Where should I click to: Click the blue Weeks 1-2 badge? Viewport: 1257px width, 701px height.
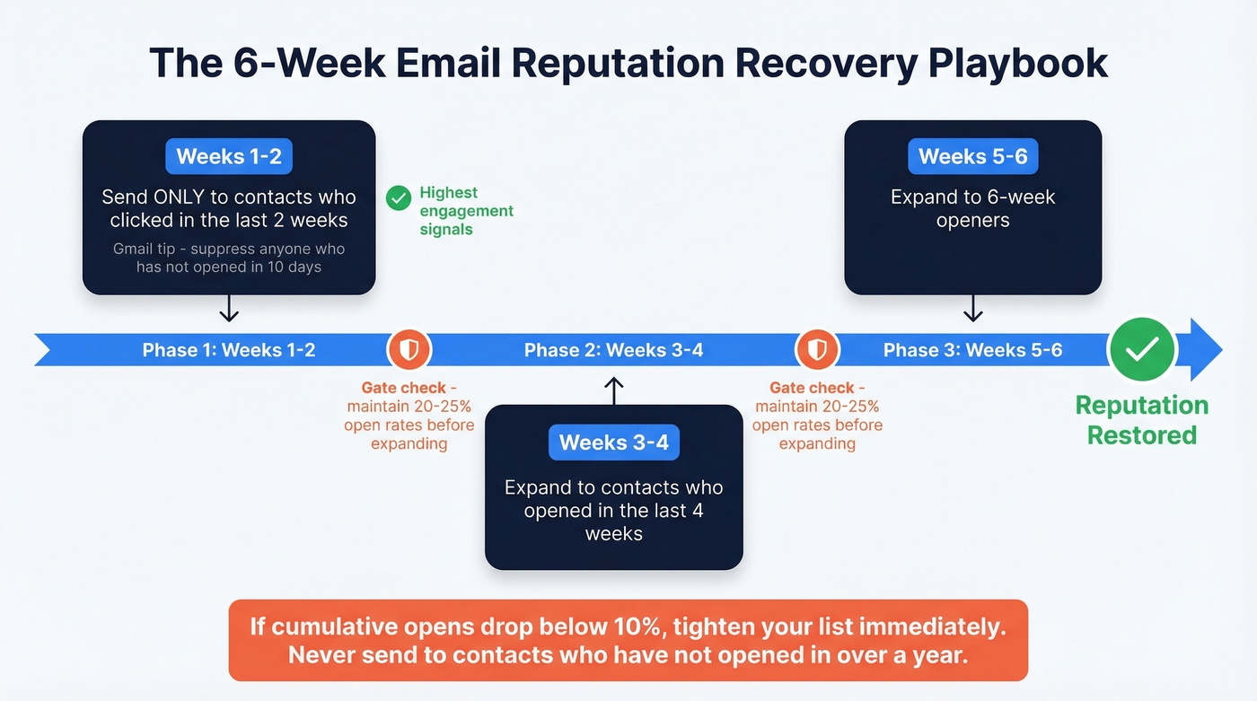click(229, 156)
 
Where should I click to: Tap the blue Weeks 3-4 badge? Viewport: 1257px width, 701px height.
click(614, 443)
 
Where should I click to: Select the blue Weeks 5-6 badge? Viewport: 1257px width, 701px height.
click(973, 156)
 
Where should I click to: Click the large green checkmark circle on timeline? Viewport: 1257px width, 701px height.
click(1141, 349)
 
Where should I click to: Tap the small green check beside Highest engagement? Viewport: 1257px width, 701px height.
click(398, 198)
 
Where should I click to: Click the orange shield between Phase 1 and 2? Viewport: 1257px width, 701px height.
click(409, 349)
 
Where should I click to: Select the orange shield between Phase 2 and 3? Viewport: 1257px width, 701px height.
click(817, 349)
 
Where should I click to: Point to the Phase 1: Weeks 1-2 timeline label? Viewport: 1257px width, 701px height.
click(229, 350)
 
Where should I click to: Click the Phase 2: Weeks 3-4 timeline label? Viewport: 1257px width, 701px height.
click(614, 350)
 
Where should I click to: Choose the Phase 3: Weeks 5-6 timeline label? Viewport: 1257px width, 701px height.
click(973, 350)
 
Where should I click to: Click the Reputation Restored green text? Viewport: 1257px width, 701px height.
click(1142, 420)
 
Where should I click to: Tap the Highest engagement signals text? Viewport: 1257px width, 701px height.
click(466, 211)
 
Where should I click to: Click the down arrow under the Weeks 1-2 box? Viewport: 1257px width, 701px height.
click(229, 310)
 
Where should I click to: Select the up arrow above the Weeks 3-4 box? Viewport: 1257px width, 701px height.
click(614, 390)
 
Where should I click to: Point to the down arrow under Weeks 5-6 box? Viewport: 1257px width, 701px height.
click(973, 310)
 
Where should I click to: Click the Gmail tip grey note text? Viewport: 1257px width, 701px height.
click(229, 258)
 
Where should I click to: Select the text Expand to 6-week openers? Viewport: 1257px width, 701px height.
click(973, 208)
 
